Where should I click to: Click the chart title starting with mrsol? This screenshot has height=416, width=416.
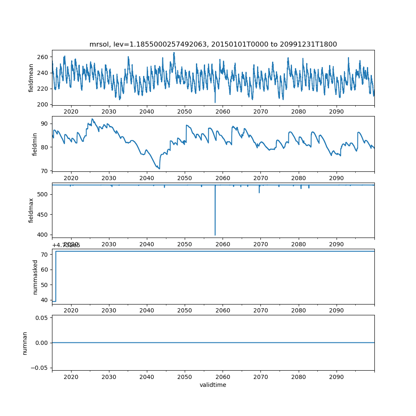[213, 44]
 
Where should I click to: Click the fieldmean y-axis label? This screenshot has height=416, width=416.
[31, 78]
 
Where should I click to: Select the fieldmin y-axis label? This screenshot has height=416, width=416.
[35, 144]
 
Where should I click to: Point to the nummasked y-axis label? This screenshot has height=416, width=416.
[35, 277]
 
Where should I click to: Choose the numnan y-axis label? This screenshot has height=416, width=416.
[25, 343]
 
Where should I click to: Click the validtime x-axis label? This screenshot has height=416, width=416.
[213, 385]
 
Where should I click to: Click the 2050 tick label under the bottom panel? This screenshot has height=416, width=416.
[185, 376]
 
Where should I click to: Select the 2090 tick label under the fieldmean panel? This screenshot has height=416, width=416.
[336, 111]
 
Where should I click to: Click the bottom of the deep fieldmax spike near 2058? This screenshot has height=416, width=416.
[215, 235]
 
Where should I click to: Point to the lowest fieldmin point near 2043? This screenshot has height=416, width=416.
[159, 168]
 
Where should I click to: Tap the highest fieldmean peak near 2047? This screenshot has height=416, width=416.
[174, 53]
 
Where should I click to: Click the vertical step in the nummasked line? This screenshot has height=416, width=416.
[56, 276]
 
